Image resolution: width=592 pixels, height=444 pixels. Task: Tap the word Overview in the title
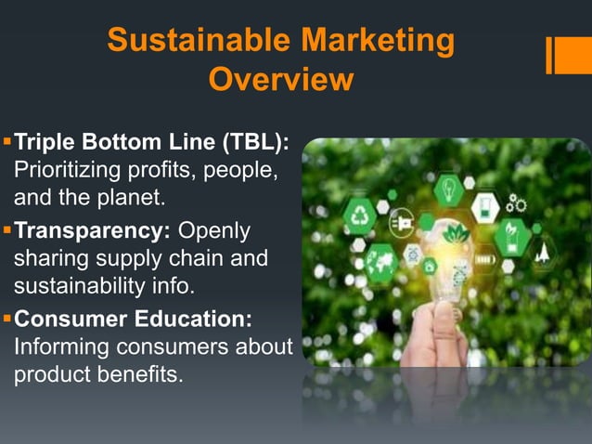pos(280,81)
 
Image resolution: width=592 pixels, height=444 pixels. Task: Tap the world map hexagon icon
pos(381,260)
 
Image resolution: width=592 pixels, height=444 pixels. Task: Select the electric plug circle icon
pos(402,223)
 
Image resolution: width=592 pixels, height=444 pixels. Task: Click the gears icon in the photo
pos(516,204)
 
